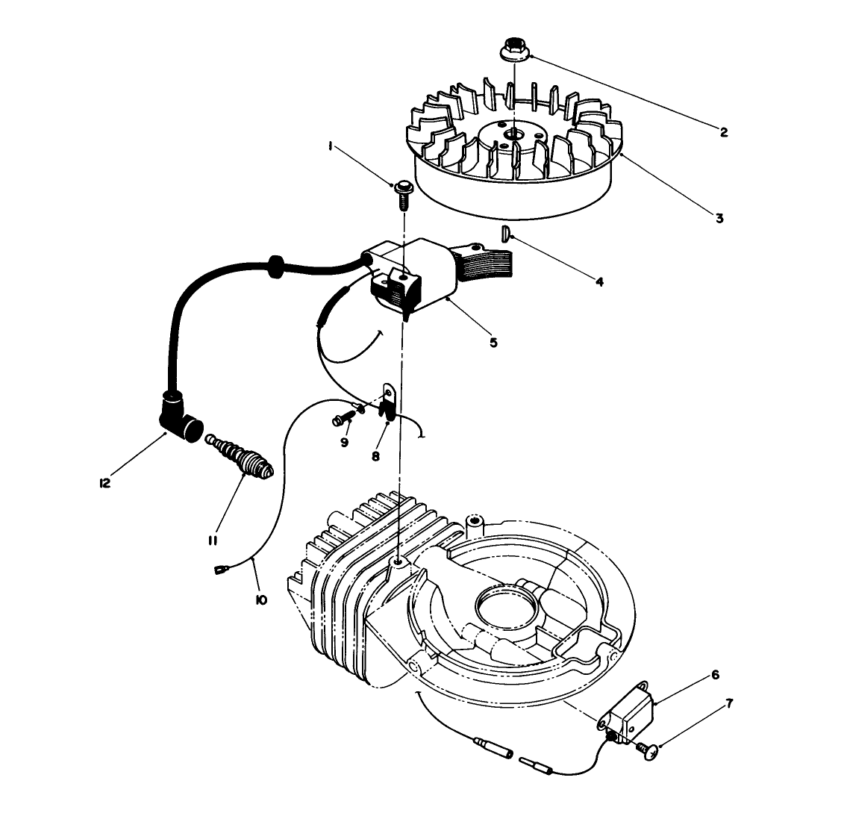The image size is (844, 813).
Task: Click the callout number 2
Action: (723, 132)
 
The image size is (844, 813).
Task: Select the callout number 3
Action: (719, 219)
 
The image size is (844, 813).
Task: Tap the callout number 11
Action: (213, 540)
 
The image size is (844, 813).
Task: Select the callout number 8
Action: (375, 455)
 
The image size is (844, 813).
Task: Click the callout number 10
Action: (261, 598)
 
